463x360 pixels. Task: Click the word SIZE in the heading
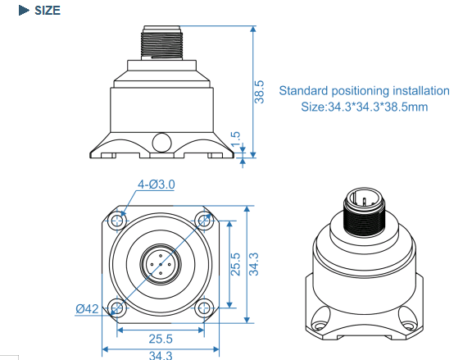48,11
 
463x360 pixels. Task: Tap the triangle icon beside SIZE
24,11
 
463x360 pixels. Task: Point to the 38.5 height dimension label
259,92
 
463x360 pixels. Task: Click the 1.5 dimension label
236,139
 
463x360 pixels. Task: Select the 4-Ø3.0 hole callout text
157,185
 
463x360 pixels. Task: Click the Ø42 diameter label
87,309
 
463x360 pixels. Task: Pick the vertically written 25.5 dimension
235,264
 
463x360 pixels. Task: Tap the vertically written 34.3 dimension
254,264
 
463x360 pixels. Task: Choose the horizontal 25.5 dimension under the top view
161,339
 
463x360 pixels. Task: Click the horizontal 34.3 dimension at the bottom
161,355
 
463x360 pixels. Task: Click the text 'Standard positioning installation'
365,91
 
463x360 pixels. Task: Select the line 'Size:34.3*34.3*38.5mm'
365,107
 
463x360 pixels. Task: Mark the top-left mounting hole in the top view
117,221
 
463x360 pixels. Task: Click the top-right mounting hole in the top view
204,221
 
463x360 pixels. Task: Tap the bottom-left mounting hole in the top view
117,308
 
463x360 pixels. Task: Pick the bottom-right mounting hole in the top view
204,308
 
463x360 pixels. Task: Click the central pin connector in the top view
161,264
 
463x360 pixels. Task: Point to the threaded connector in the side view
161,43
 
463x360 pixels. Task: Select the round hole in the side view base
161,143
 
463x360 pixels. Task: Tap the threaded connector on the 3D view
364,212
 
